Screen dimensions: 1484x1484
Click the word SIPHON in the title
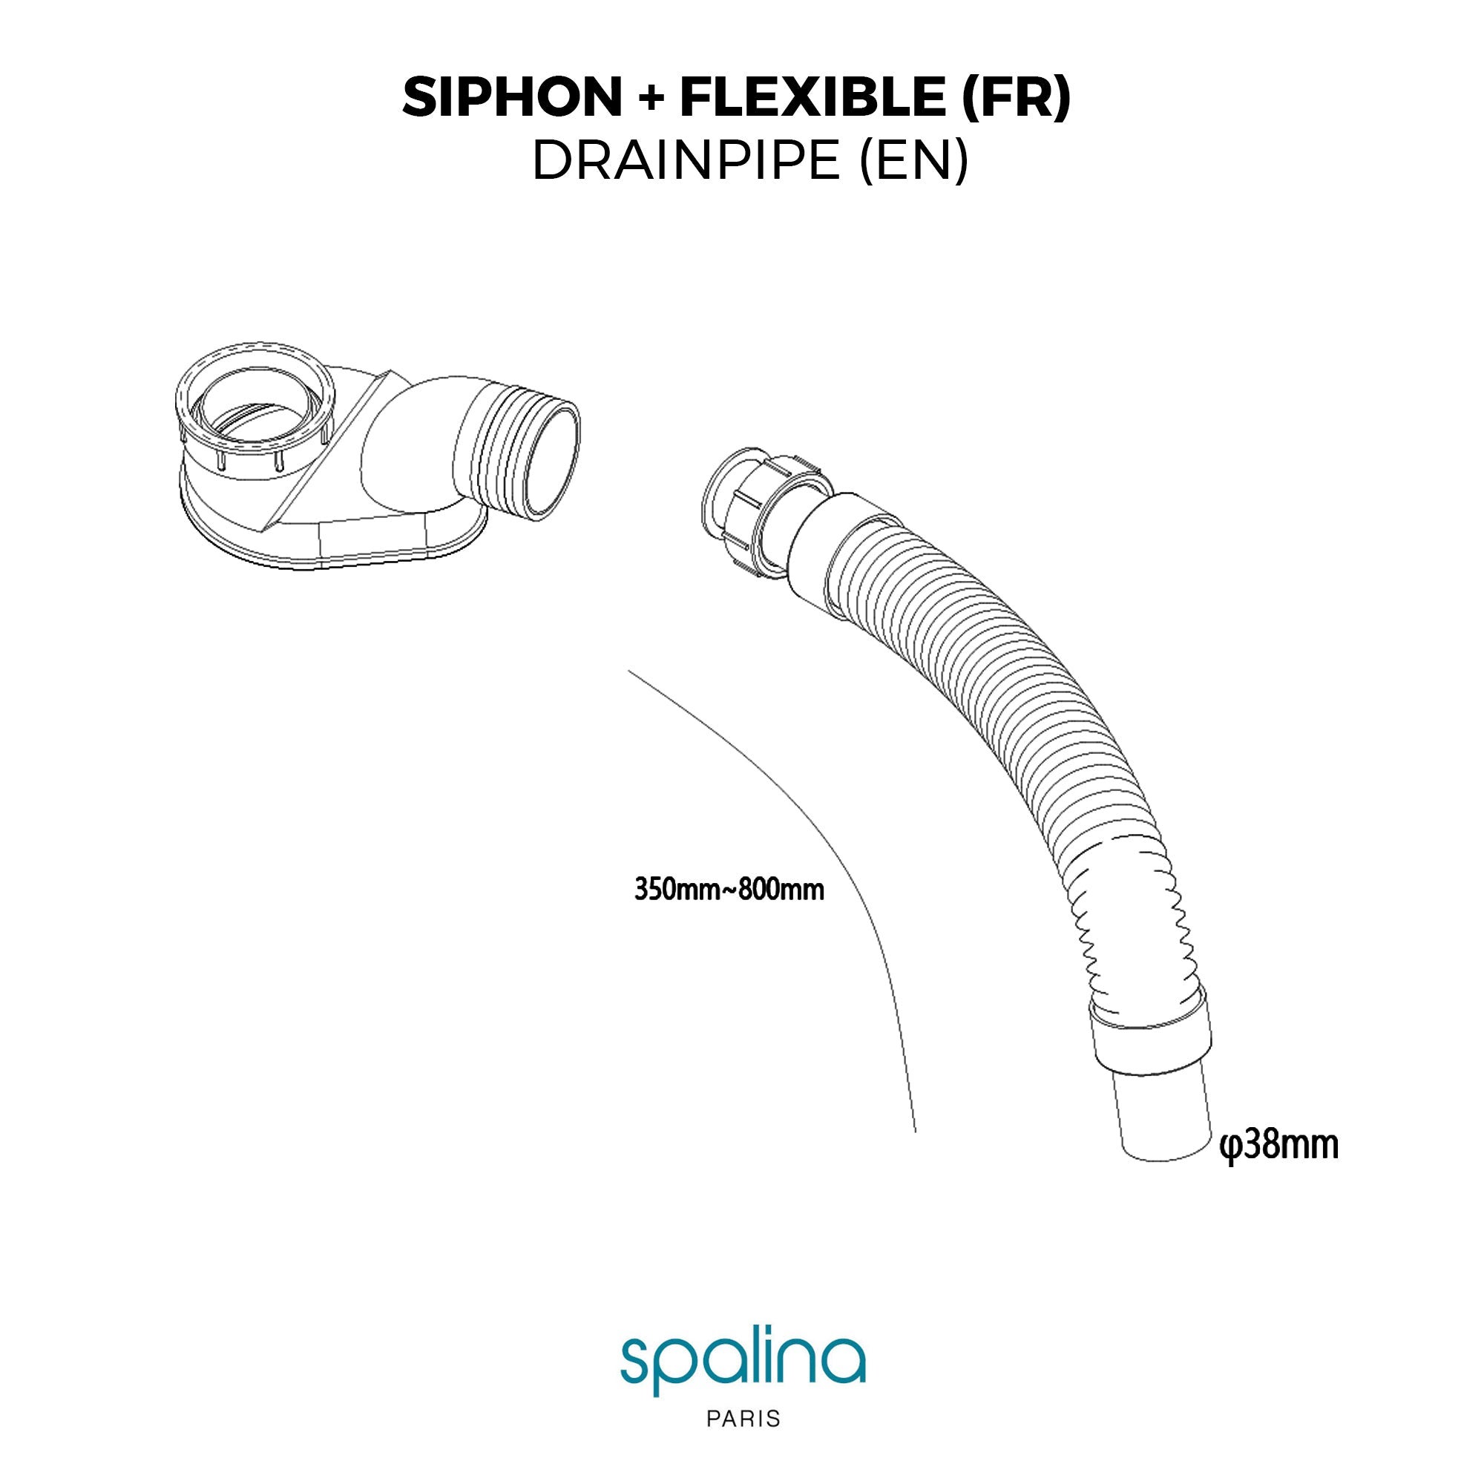point(511,97)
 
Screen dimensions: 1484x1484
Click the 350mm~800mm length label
point(729,891)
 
